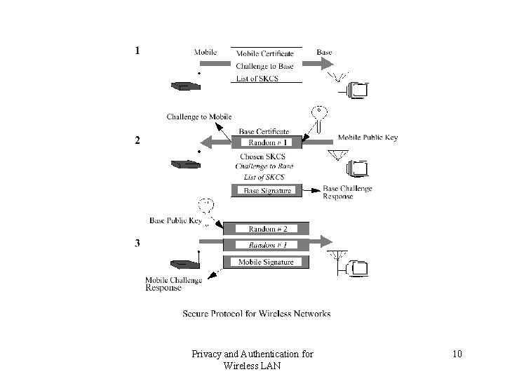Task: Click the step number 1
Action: tap(137, 51)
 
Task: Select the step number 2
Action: tap(137, 140)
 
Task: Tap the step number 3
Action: tap(137, 244)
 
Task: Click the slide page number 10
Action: tap(457, 354)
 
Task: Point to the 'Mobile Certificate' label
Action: tap(265, 53)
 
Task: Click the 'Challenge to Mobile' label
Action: tap(198, 117)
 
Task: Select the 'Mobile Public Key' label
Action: tap(368, 138)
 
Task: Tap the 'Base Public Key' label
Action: tap(175, 220)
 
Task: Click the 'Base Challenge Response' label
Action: tap(347, 192)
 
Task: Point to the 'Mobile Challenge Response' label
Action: tap(173, 284)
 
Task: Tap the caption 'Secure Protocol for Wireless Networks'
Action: tap(257, 314)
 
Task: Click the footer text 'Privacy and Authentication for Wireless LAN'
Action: tap(252, 359)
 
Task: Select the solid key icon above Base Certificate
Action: tap(320, 118)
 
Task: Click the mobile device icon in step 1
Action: tap(184, 86)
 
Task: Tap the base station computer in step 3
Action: tap(358, 268)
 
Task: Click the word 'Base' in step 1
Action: tap(325, 52)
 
